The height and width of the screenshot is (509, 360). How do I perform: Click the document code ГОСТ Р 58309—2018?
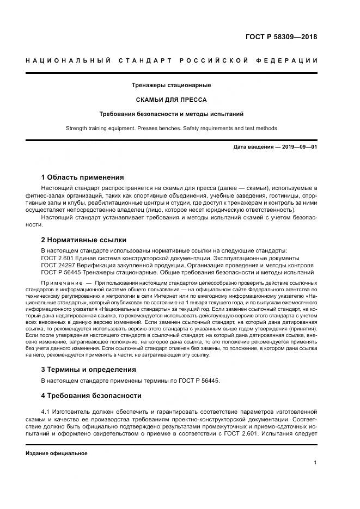(281, 37)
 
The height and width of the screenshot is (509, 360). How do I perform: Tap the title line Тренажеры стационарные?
(171, 85)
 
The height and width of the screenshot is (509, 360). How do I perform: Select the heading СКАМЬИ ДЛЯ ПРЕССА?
(171, 100)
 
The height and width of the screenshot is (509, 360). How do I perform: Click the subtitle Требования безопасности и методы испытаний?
(171, 114)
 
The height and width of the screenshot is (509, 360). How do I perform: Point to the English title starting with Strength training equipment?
(171, 128)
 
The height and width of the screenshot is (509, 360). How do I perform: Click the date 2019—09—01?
(297, 148)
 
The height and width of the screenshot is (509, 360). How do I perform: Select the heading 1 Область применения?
(82, 177)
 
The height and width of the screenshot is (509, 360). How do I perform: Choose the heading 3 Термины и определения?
(89, 369)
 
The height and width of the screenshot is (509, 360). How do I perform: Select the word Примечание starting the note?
(62, 283)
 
